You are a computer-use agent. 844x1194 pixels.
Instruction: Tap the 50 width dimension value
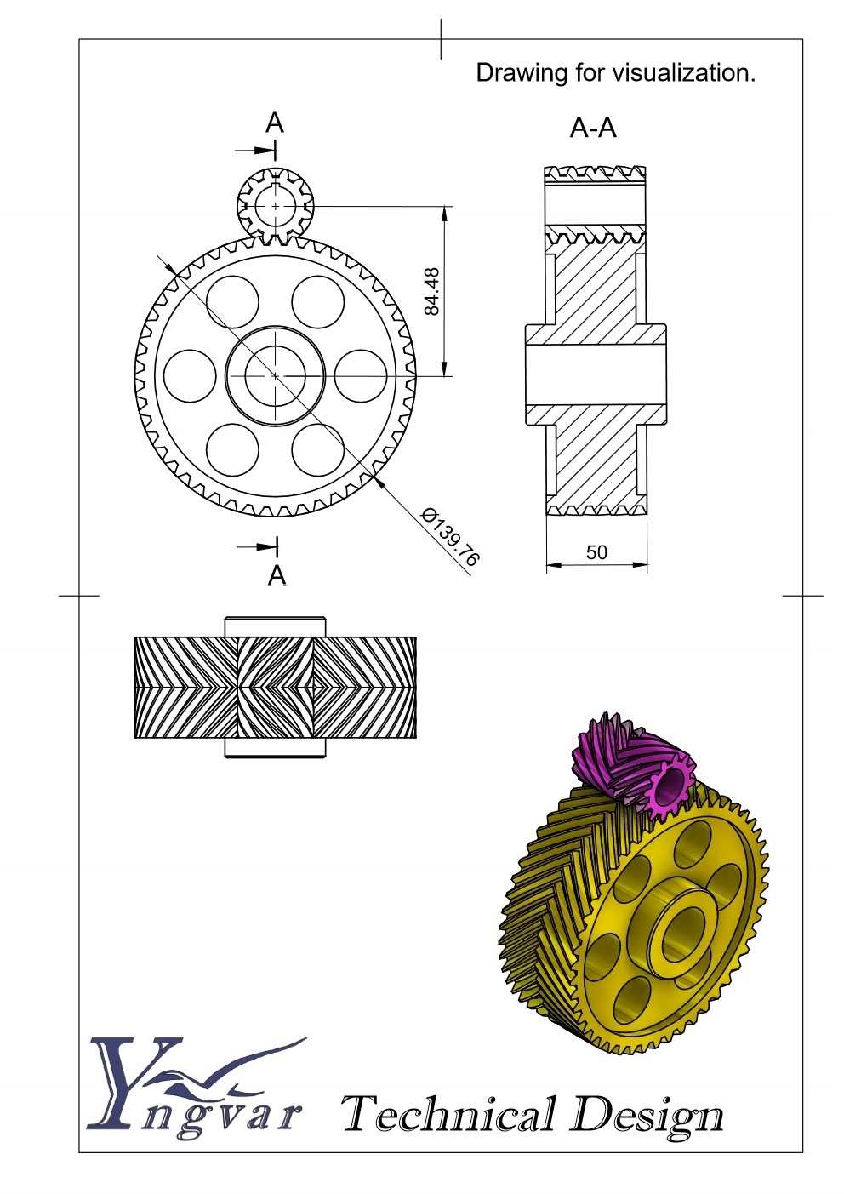pyautogui.click(x=596, y=552)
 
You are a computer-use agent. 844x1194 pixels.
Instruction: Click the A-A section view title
pyautogui.click(x=593, y=128)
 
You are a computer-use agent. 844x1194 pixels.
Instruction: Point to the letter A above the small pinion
pyautogui.click(x=275, y=123)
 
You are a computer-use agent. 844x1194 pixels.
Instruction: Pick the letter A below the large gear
pyautogui.click(x=277, y=575)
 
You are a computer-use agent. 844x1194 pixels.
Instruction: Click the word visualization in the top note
pyautogui.click(x=684, y=72)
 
